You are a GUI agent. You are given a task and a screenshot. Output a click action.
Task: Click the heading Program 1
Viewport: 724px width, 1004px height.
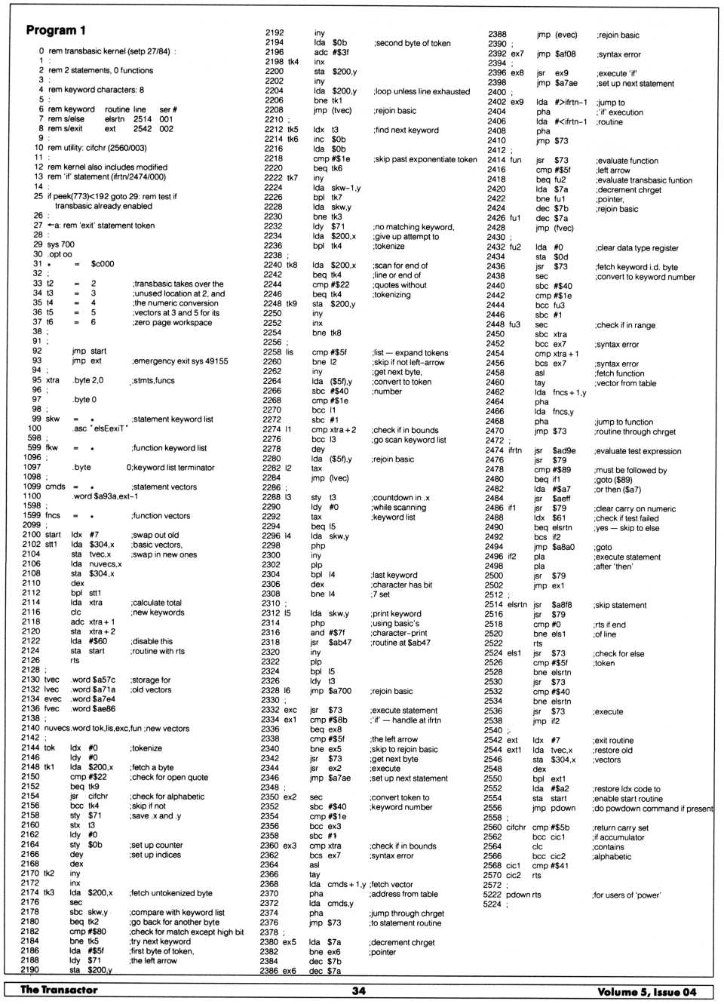click(x=56, y=30)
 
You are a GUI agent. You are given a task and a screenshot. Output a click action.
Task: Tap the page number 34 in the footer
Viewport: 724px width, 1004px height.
click(x=358, y=990)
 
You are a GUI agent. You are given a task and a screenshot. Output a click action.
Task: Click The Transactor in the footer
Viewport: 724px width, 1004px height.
click(x=59, y=990)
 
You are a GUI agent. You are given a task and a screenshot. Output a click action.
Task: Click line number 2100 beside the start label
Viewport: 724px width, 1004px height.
click(x=31, y=535)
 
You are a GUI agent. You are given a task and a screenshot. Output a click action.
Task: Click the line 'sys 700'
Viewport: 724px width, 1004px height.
click(x=61, y=244)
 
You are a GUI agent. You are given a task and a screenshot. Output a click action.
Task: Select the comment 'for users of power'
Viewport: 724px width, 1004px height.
click(x=627, y=895)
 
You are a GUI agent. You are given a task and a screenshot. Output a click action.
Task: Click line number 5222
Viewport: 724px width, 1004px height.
click(x=492, y=895)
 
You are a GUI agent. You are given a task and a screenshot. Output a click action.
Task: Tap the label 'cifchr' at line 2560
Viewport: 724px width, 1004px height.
click(x=516, y=827)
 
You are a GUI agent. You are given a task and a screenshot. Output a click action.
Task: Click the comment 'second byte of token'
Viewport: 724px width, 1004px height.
click(x=412, y=44)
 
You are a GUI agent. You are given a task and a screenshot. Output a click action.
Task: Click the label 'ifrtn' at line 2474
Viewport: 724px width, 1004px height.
click(x=514, y=450)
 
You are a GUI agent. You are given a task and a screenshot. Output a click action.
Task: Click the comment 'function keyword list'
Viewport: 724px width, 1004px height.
click(x=169, y=448)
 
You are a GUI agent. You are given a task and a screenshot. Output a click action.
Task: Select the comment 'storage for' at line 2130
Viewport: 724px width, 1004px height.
click(x=150, y=680)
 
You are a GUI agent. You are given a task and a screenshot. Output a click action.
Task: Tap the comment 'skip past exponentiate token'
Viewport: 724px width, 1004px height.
click(x=425, y=159)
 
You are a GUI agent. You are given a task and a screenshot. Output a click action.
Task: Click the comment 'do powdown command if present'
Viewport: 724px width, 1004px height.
click(x=652, y=808)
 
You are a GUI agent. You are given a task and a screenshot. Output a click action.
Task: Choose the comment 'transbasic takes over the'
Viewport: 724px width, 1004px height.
click(x=178, y=284)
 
